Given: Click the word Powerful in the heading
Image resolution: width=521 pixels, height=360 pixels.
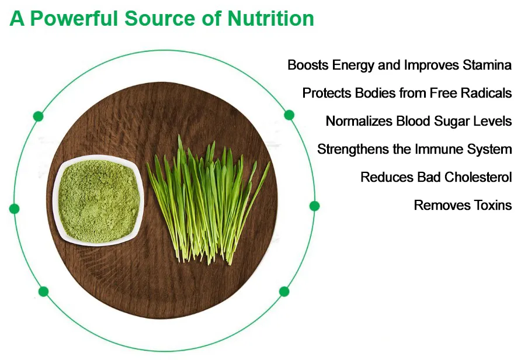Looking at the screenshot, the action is [x=74, y=18].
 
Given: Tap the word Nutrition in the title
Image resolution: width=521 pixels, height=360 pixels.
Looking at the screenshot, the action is [x=270, y=18].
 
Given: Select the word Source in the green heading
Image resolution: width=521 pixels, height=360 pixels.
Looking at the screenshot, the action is [x=159, y=18].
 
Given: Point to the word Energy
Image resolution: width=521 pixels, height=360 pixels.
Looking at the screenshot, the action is [x=353, y=65].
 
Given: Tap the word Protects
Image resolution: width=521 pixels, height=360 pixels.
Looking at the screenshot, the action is [x=327, y=93].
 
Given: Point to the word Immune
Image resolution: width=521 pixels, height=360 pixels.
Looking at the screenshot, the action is [x=439, y=149].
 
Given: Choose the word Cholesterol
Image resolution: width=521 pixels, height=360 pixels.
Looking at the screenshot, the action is [x=478, y=177].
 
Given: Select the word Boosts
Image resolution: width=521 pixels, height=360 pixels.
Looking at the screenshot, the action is [x=308, y=65].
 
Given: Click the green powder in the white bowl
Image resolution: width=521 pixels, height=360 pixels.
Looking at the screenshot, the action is [x=99, y=201].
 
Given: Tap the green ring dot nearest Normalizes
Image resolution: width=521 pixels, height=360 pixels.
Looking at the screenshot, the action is [x=289, y=115].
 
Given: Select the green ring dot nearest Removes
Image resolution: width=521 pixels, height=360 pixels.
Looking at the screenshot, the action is [x=314, y=206].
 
